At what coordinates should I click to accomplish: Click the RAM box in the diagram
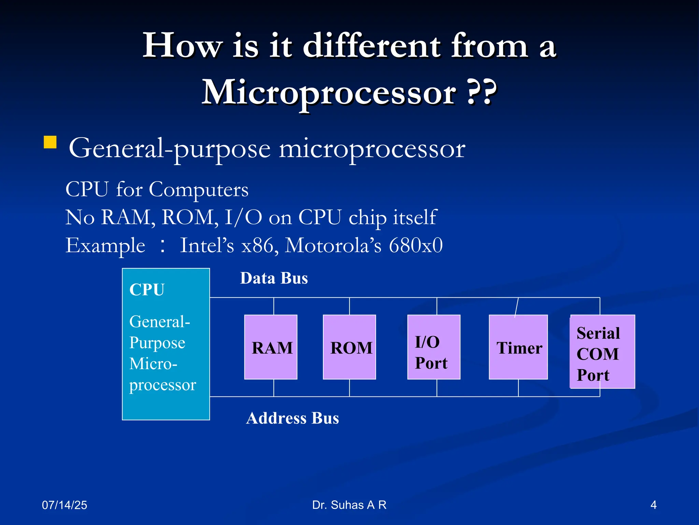point(271,347)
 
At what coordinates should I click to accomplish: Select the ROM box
point(349,347)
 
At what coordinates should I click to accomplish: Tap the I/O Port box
point(433,347)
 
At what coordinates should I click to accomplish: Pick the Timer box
point(518,347)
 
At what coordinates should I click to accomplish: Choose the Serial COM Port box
point(602,352)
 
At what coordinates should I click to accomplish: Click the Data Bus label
point(274,278)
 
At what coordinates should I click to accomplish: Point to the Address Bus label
point(293,418)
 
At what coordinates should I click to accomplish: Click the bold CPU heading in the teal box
point(147,290)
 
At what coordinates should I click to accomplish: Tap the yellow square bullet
point(50,142)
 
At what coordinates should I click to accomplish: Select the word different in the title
point(372,46)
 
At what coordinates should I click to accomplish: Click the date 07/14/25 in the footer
point(65,505)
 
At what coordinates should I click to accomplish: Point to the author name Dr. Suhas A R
point(349,505)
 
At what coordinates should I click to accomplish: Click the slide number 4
point(653,505)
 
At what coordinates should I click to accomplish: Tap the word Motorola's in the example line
point(333,245)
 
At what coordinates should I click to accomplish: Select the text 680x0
point(416,245)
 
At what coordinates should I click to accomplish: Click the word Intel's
point(207,245)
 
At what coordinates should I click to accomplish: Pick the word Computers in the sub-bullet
point(198,189)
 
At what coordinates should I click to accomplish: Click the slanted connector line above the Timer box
point(516,308)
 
